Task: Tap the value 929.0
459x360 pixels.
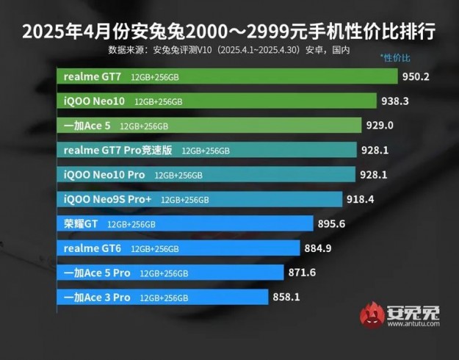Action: [x=380, y=126]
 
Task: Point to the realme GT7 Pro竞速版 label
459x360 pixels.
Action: [x=118, y=150]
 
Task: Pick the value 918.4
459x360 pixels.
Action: [x=361, y=199]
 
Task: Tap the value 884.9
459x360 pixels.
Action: [x=317, y=248]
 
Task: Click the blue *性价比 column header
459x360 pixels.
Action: [x=395, y=57]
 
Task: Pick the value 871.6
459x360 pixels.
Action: [x=302, y=273]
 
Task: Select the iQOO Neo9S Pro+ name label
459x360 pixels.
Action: [x=107, y=199]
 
